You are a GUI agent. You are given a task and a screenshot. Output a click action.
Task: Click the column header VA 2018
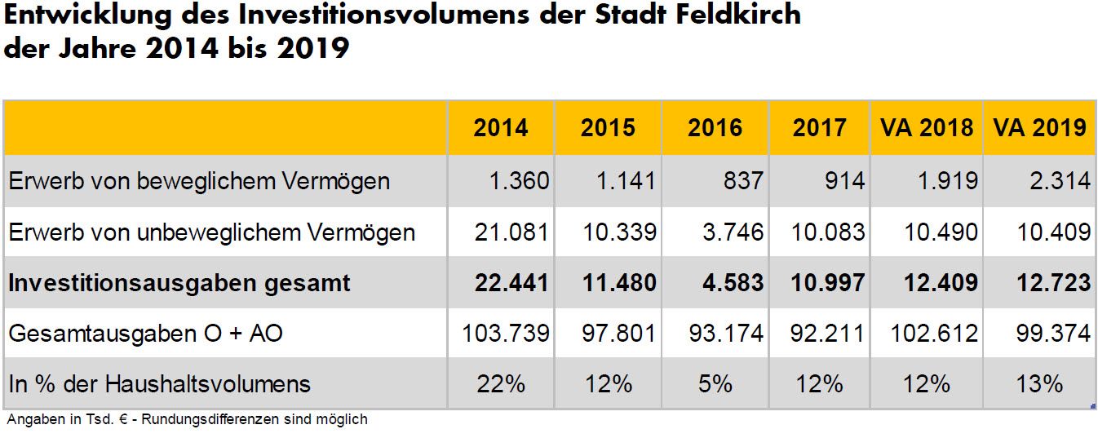928,128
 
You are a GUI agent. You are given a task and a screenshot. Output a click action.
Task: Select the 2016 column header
715,128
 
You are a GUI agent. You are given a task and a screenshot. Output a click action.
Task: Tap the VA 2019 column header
1039,128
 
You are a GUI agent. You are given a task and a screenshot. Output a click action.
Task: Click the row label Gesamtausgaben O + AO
146,333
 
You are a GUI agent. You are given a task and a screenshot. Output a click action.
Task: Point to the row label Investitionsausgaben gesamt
179,282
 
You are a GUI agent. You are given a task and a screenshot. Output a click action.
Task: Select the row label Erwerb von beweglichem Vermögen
199,180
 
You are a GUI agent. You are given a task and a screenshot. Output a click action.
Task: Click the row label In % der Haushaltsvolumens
160,383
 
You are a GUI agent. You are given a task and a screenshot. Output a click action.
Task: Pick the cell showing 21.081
511,232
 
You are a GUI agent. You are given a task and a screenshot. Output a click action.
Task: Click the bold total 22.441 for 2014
511,282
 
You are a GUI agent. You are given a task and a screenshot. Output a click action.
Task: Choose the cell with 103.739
505,333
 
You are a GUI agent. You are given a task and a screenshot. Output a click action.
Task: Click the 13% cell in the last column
1039,383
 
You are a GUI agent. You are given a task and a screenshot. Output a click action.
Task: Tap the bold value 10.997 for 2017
827,282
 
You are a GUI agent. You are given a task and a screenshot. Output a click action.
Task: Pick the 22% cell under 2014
501,383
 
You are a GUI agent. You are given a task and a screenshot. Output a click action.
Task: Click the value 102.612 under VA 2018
935,333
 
